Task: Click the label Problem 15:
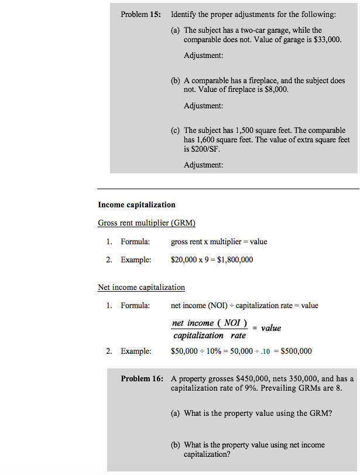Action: tap(140, 14)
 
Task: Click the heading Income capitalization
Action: tap(136, 205)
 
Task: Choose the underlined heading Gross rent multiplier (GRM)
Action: tap(146, 223)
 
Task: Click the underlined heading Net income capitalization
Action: tap(141, 288)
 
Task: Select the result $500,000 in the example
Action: tap(296, 351)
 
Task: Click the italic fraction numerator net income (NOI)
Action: tap(210, 323)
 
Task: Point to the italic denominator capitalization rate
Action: tap(210, 336)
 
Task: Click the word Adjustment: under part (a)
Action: tap(203, 56)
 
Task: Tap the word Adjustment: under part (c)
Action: tap(203, 165)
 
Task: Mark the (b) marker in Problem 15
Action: tap(176, 81)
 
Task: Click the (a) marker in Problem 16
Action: tap(176, 414)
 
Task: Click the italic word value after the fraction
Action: tap(270, 328)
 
